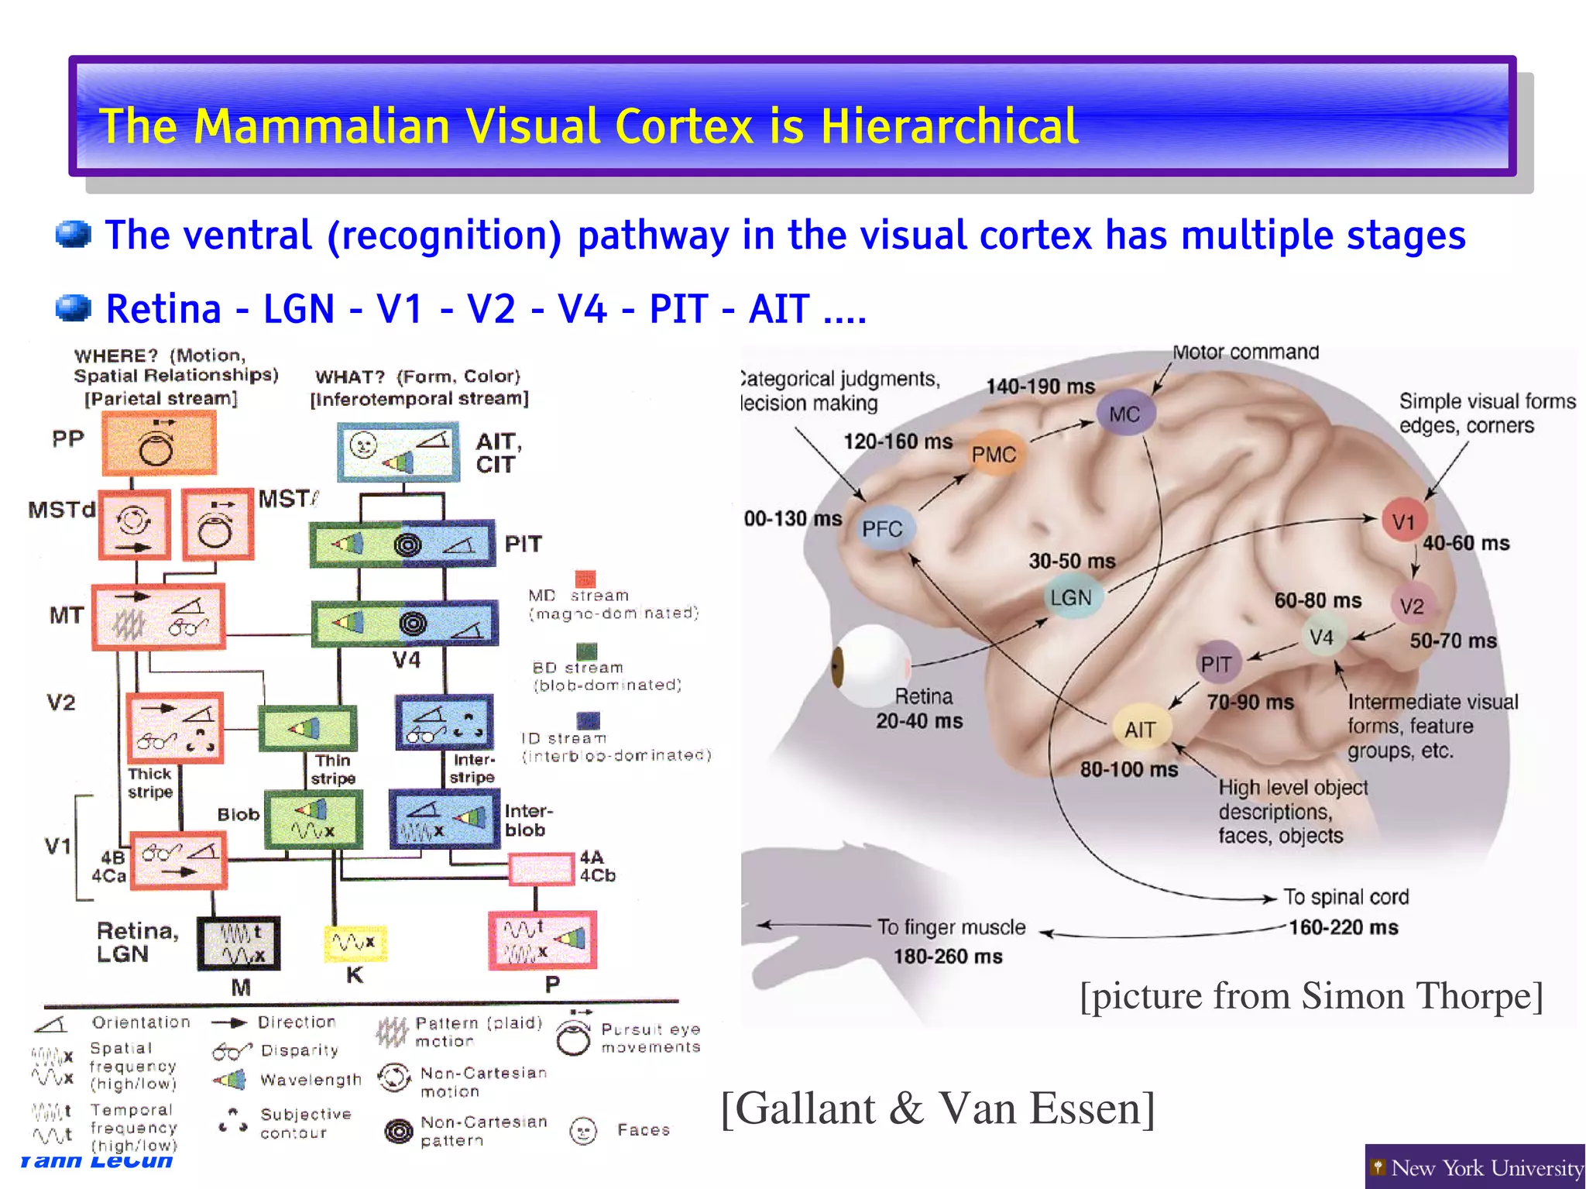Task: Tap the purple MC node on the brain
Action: [1124, 414]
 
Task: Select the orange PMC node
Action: [994, 454]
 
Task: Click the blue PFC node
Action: [883, 528]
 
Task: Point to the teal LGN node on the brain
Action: [1071, 597]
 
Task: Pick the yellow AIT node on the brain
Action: [1140, 729]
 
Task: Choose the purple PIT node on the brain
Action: [1216, 664]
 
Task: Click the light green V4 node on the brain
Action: [1321, 637]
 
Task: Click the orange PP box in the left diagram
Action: [159, 442]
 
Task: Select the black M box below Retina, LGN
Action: [239, 943]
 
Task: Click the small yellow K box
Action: [355, 943]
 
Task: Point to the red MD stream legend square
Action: [585, 579]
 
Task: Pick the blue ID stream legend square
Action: [589, 721]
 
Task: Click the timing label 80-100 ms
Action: [1128, 769]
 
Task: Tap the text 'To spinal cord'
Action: [1346, 896]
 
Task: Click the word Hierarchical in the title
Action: [949, 125]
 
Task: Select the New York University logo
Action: [1474, 1167]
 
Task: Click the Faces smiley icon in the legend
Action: [583, 1131]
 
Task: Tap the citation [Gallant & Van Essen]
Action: [937, 1108]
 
